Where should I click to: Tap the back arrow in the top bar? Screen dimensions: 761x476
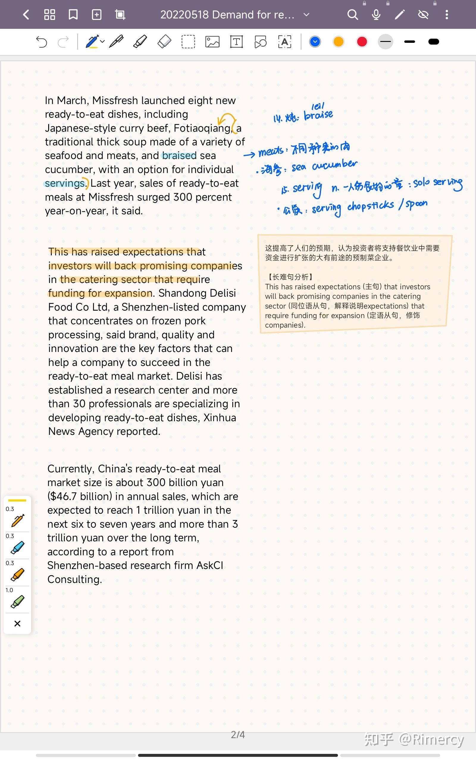coord(26,15)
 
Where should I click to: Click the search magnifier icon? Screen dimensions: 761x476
coord(353,15)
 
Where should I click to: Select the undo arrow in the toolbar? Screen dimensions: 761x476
coord(41,42)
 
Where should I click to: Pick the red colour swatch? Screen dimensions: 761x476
coord(362,42)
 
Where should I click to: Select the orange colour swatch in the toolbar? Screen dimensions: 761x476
coord(339,42)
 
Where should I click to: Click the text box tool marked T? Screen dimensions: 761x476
coord(237,42)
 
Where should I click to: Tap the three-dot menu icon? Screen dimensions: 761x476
coord(447,15)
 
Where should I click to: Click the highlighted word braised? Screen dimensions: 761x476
coord(179,156)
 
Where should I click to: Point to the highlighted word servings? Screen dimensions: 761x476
coord(65,183)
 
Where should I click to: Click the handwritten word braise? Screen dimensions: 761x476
coord(318,115)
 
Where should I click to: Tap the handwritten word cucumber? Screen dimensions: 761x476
coord(335,165)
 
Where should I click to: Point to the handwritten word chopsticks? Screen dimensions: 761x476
coord(371,206)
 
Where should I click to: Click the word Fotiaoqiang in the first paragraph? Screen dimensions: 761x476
coord(202,128)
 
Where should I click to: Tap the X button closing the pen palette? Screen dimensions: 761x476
coord(17,624)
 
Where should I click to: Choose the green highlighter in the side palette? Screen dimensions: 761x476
coord(17,602)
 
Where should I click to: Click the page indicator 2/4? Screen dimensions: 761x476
coord(238,735)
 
